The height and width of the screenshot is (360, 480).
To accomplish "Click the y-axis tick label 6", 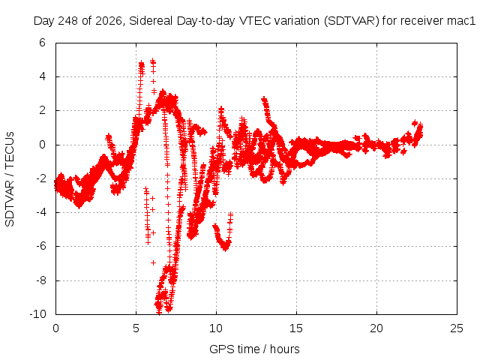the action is coord(42,43).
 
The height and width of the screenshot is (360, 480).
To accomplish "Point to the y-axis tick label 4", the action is coord(42,76).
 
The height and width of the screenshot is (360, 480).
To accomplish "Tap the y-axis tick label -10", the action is coord(38,314).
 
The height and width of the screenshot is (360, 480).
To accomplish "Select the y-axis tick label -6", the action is coord(40,246).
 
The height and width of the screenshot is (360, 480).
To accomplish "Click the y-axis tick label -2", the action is coord(40,178).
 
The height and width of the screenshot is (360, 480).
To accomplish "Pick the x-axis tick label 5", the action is coord(136,328).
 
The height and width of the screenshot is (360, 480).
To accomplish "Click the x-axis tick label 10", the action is coord(216,328).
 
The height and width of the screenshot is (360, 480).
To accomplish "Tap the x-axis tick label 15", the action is coord(296,328).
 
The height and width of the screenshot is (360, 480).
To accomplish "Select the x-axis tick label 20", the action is coord(376,328).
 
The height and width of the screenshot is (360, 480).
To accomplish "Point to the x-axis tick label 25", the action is coord(457,328).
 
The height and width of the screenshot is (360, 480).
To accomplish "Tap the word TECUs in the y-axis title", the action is coord(10,150).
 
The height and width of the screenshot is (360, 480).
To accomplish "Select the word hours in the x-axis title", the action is coord(285,349).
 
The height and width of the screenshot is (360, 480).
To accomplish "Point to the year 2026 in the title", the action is coord(108,21).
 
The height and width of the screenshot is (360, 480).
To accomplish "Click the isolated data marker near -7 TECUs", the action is coord(153,262).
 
